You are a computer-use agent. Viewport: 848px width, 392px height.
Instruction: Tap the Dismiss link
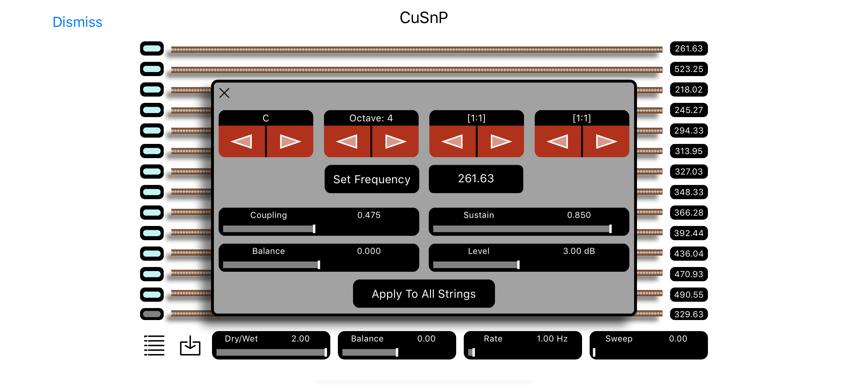[x=77, y=22]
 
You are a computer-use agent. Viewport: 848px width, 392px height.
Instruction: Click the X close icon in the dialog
[x=224, y=93]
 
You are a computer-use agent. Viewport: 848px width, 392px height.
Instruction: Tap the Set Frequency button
[x=371, y=179]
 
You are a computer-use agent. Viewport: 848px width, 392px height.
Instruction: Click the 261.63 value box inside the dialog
[x=476, y=179]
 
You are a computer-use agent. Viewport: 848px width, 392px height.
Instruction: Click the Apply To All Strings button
[x=423, y=294]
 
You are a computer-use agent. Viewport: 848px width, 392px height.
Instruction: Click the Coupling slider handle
[x=314, y=229]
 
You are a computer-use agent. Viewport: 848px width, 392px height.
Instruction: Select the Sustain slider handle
[x=610, y=229]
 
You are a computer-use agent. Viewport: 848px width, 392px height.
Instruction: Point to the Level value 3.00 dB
[x=579, y=251]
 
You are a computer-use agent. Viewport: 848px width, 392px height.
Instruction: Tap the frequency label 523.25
[x=688, y=69]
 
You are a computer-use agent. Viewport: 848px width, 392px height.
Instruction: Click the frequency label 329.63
[x=688, y=314]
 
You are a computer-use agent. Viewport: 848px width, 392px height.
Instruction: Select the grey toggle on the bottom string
[x=152, y=314]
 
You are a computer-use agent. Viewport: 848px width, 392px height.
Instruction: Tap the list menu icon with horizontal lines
[x=154, y=345]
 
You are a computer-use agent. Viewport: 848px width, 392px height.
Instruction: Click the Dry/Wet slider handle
[x=325, y=352]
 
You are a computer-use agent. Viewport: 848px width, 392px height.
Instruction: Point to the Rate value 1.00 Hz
[x=552, y=339]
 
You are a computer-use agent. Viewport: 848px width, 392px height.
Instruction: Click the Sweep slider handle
[x=594, y=352]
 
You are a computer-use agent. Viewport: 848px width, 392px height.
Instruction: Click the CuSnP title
[x=423, y=18]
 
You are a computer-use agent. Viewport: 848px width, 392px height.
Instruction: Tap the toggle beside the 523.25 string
[x=152, y=69]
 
